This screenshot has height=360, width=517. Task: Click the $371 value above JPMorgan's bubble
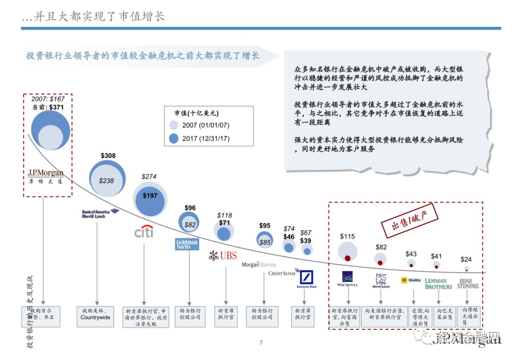pyautogui.click(x=56, y=107)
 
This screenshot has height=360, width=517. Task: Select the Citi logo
pyautogui.click(x=144, y=232)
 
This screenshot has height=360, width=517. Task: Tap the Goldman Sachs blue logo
pyautogui.click(x=187, y=244)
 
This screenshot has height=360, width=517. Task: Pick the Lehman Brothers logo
pyautogui.click(x=438, y=284)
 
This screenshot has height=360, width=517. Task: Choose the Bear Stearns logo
pyautogui.click(x=468, y=284)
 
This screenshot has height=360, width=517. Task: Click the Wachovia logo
pyautogui.click(x=347, y=279)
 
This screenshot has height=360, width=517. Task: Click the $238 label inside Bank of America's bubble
pyautogui.click(x=107, y=181)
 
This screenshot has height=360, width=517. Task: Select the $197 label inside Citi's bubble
pyautogui.click(x=150, y=196)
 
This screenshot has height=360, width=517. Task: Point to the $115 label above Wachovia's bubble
pyautogui.click(x=348, y=236)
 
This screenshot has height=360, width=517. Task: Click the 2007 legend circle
pyautogui.click(x=174, y=125)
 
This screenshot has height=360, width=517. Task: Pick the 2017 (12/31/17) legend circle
pyautogui.click(x=174, y=139)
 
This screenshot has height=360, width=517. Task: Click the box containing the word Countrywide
pyautogui.click(x=95, y=314)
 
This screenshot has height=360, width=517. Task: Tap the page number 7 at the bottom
pyautogui.click(x=261, y=343)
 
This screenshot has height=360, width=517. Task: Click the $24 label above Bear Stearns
pyautogui.click(x=466, y=259)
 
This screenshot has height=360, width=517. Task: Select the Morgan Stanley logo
pyautogui.click(x=259, y=264)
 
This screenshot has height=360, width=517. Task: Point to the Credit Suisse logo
pyautogui.click(x=282, y=273)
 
